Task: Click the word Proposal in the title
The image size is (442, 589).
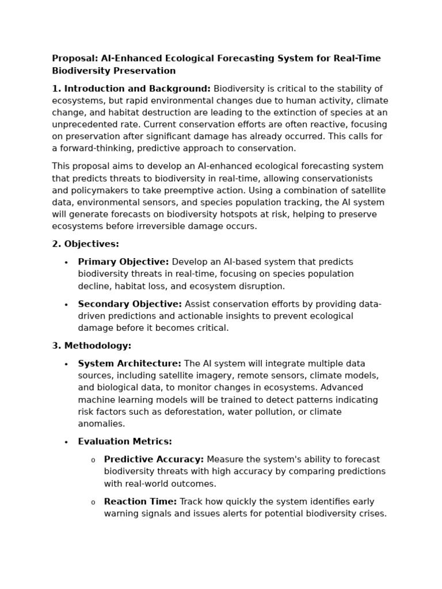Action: (74, 59)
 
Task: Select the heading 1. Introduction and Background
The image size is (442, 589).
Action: (131, 89)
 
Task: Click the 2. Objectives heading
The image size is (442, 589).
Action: (85, 244)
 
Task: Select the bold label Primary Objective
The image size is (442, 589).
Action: (123, 262)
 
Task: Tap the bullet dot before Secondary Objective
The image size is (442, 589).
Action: (66, 304)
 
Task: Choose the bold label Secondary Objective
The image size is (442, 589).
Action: (129, 304)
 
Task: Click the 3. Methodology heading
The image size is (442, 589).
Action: (92, 346)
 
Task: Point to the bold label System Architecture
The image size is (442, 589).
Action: (129, 364)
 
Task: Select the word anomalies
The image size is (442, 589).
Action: (101, 424)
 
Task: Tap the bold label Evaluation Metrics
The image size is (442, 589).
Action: (125, 442)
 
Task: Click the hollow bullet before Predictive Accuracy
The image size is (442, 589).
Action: (93, 460)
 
